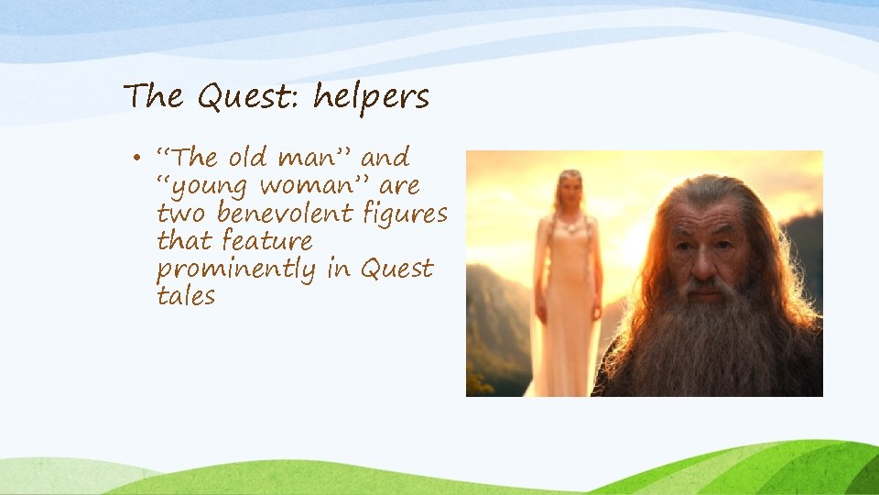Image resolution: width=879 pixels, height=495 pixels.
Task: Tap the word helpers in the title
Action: point(371,97)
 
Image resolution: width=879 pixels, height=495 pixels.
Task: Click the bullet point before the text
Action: point(134,159)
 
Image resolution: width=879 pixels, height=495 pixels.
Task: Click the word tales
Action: point(186,296)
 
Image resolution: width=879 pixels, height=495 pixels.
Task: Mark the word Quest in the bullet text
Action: point(396,269)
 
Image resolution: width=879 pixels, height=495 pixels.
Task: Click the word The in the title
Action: point(153,96)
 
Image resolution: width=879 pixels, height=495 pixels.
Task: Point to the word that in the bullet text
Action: point(183,241)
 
